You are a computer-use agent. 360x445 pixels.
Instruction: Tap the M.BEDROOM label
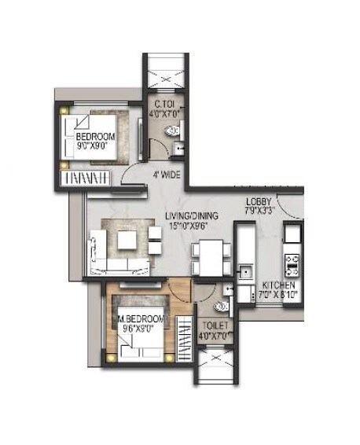141,319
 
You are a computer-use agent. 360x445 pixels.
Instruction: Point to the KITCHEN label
279,285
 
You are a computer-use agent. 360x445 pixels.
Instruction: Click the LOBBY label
259,201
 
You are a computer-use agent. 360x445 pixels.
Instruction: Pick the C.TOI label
164,102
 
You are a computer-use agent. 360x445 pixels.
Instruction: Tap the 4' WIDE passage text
165,175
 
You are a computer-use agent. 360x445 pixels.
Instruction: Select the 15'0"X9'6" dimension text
191,226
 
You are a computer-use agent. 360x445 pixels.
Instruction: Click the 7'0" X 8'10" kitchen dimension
279,296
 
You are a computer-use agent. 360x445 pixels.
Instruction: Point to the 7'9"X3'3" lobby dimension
259,211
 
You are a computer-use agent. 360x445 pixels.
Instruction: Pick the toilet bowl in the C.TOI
173,131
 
